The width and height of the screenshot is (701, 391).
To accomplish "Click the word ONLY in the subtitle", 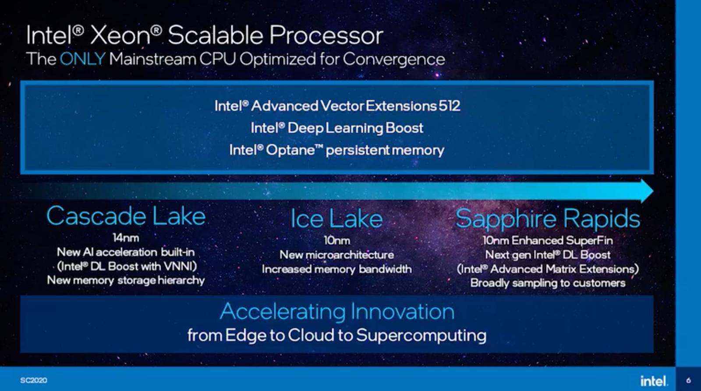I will click(82, 59).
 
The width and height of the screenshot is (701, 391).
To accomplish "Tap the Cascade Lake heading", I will click(126, 216).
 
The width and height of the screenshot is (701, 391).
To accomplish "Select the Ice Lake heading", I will click(336, 219).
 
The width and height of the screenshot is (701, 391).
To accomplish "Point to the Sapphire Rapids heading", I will click(548, 218).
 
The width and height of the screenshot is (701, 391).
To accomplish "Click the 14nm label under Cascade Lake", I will click(126, 238).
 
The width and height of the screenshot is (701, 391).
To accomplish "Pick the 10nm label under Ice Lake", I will click(336, 240).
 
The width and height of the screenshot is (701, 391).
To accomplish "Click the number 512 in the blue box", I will click(449, 106).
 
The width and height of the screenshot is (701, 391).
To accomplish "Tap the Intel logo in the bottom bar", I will click(654, 380).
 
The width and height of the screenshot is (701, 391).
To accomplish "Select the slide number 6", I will click(688, 380).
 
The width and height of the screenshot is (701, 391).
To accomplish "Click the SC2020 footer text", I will click(33, 380).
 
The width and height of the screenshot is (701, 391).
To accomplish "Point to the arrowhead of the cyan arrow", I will click(647, 191).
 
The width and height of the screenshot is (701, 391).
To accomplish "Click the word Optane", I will click(290, 150).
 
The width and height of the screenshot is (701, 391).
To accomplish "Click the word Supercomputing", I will click(421, 335).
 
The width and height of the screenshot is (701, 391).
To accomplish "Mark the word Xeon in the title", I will click(120, 35).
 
